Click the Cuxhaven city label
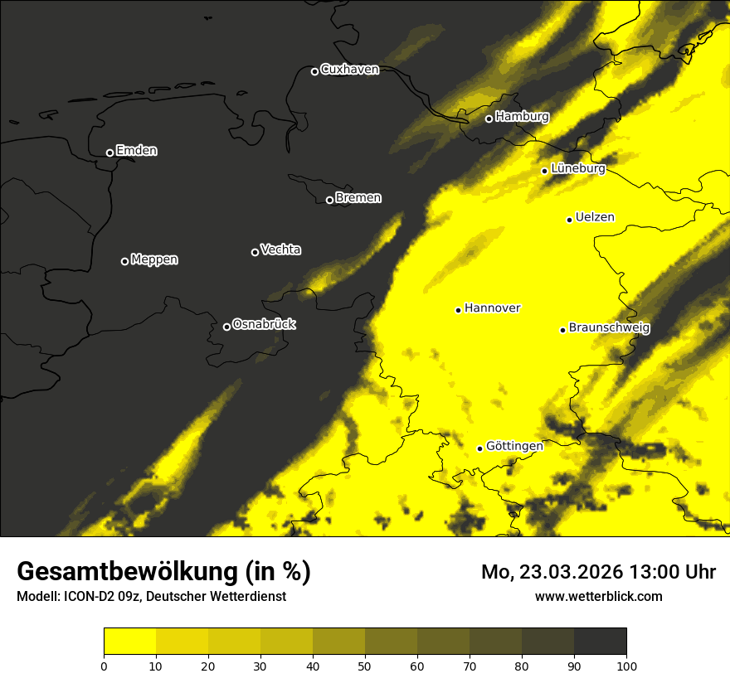coord(349,70)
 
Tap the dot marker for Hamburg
coord(489,119)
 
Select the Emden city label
coord(136,151)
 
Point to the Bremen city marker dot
coord(329,200)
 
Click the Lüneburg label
coord(577,169)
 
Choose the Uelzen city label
coord(595,218)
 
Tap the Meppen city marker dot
coord(124,261)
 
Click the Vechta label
coord(280,250)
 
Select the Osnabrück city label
coord(264,324)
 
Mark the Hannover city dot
coord(458,310)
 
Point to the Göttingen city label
coord(514,446)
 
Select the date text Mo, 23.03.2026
coord(552,572)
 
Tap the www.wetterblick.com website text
coord(599,596)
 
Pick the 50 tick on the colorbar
coord(365,666)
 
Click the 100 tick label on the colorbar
coord(626,666)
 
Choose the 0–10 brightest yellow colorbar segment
coord(129,642)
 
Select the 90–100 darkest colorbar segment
coord(600,642)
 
